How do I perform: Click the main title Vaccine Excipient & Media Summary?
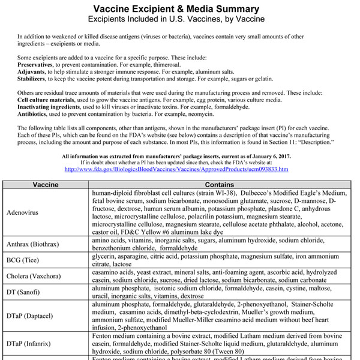tap(180, 9)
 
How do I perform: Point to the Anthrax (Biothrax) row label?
tap(37, 244)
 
